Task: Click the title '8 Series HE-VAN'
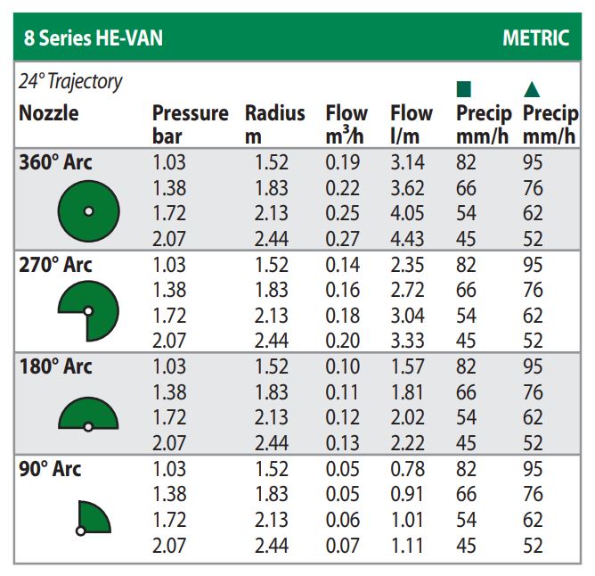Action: pos(94,39)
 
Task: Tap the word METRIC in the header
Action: pos(534,39)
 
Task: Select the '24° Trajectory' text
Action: pos(70,82)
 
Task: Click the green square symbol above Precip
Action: pos(463,89)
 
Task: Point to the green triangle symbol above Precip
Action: pos(532,89)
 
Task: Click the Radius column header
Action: pos(274,124)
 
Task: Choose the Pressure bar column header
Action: pos(190,124)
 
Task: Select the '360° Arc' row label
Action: pos(55,163)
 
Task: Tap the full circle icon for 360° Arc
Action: pos(88,211)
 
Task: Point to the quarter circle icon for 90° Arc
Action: pos(93,517)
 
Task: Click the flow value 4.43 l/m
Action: pos(407,239)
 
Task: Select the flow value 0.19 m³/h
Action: pos(343,163)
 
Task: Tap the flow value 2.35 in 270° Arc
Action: pos(407,266)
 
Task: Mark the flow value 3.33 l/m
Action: pos(407,341)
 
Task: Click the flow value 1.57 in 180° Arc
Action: pos(407,367)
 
